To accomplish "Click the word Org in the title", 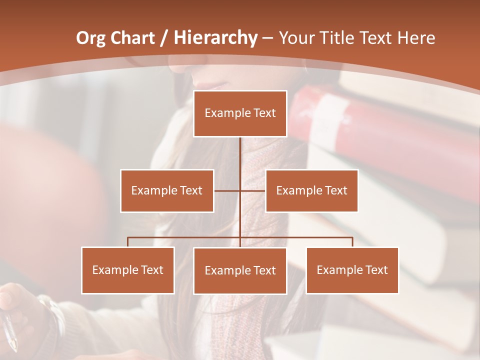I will coord(90,38).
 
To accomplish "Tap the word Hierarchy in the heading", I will coord(215,38).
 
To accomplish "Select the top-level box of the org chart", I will coord(240,113).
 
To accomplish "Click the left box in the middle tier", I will coord(167,190).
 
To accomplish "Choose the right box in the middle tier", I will coord(311,190).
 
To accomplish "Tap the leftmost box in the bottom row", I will coord(128,270).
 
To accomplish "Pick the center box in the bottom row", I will coord(240,270).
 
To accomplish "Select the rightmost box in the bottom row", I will coord(352,270).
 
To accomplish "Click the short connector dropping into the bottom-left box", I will coord(128,242).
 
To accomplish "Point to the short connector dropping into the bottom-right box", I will coord(352,242).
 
